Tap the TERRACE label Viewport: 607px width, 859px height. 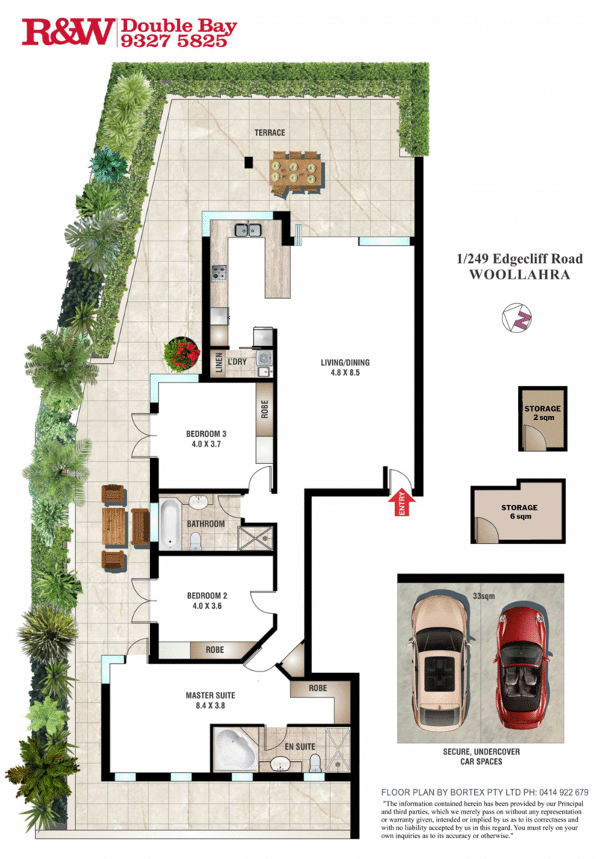click(270, 133)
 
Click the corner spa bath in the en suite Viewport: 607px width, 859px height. click(234, 751)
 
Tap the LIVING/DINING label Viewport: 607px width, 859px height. click(345, 368)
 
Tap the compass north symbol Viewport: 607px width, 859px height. click(517, 316)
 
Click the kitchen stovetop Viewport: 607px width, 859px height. click(219, 273)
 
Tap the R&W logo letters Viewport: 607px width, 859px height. click(69, 32)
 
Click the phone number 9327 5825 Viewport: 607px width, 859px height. click(173, 41)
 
